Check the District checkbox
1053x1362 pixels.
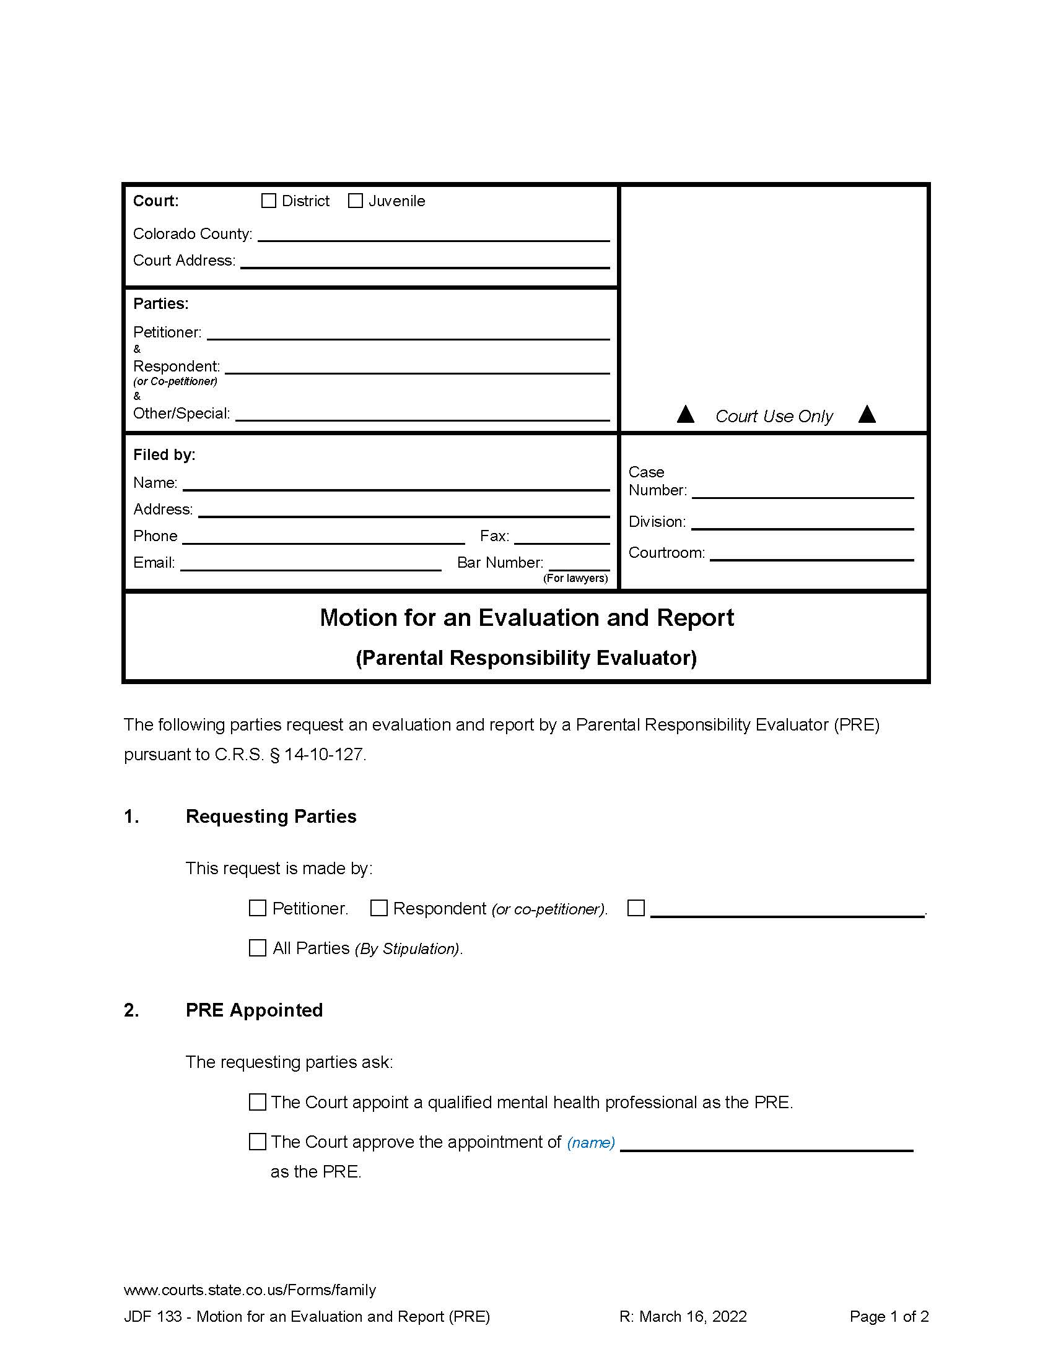tap(268, 201)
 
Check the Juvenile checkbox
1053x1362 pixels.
tap(355, 201)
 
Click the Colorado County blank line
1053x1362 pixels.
tap(433, 235)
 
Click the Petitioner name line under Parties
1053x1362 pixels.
tap(408, 334)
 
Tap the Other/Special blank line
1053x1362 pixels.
tap(422, 415)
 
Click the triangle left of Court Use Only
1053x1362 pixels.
tap(686, 415)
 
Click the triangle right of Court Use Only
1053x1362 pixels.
tap(867, 415)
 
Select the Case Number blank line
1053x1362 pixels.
tap(802, 492)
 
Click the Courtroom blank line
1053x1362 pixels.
tap(811, 555)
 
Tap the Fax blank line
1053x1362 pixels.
tap(561, 538)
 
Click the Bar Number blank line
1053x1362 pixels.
tap(579, 565)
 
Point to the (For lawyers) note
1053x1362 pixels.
tap(575, 579)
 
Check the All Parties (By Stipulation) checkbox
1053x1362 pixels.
tap(258, 948)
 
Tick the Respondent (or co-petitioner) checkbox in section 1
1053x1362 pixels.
tap(378, 908)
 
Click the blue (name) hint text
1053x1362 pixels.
tap(591, 1143)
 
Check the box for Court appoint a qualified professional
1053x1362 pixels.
tap(258, 1103)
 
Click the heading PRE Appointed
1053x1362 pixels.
tap(254, 1010)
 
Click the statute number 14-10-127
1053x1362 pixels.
tap(323, 755)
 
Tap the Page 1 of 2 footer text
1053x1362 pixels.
tap(889, 1316)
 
